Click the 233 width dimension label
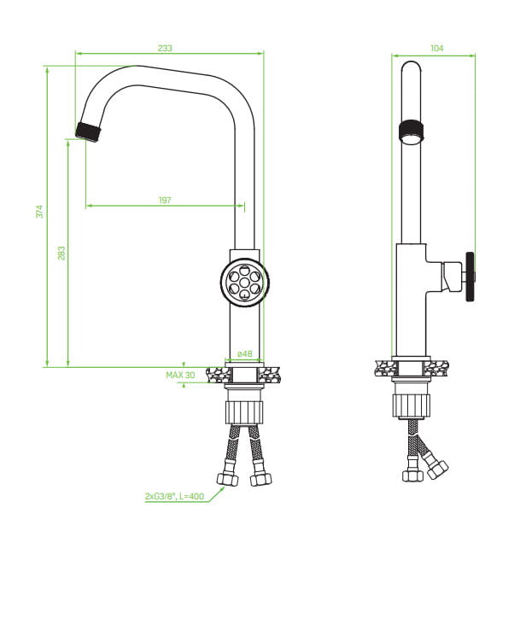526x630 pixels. coord(165,48)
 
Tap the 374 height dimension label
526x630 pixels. coord(39,212)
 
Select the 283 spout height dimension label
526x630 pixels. coord(61,254)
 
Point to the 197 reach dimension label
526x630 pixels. coord(165,200)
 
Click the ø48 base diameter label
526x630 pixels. coord(245,353)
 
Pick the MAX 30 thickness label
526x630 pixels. coord(180,375)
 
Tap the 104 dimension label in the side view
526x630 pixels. coord(437,48)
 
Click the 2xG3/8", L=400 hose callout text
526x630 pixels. coord(174,496)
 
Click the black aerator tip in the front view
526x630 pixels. coord(89,131)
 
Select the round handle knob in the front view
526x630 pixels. coord(245,283)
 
